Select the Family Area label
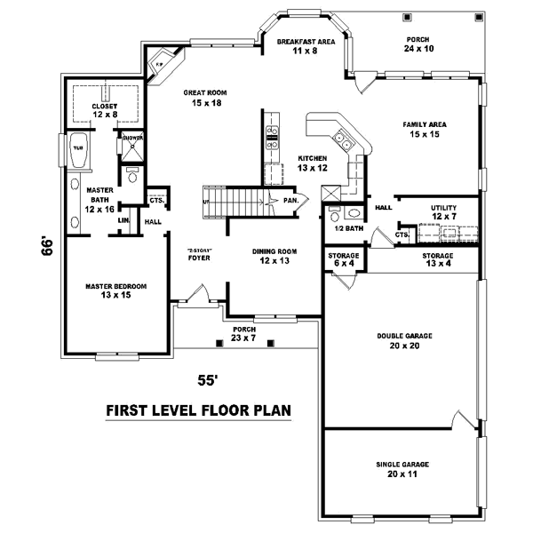424,130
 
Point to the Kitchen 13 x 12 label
313,163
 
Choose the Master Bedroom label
115,290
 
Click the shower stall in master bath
131,149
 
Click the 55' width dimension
207,380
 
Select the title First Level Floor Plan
199,411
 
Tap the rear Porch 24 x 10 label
418,44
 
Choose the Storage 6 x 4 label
338,259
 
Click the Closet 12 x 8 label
104,110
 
